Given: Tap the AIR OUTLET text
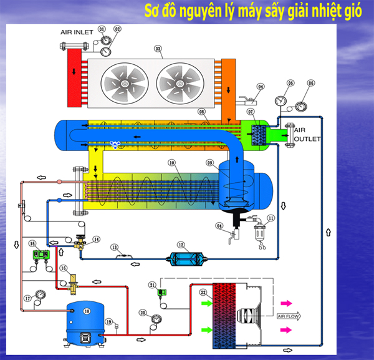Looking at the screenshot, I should point(306,134).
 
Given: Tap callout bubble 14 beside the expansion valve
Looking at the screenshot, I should point(96,239).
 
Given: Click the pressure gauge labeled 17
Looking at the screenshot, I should point(40,294).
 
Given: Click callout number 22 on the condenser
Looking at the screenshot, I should point(203,293).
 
